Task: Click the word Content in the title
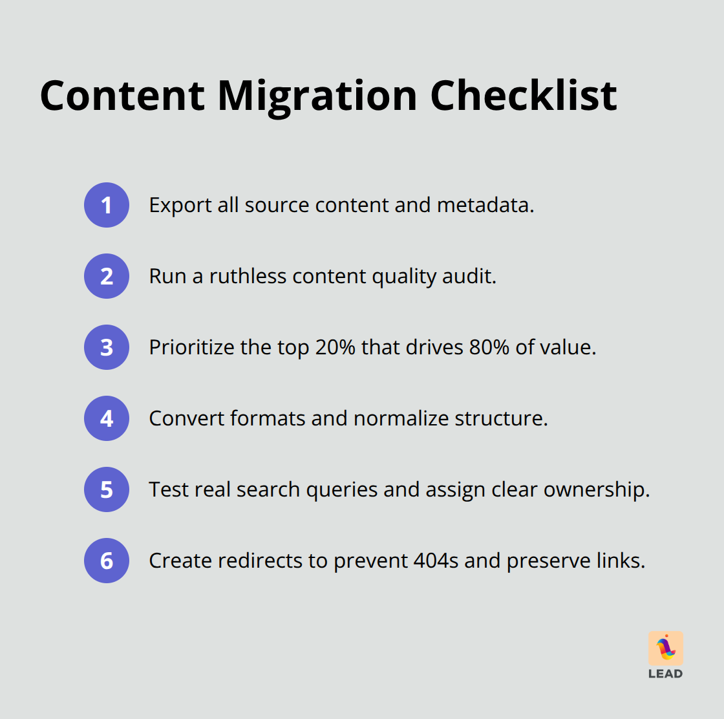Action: pos(123,96)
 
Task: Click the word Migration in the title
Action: pos(318,96)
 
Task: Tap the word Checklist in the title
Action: pos(523,96)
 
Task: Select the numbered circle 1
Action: pos(107,205)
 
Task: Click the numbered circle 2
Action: pos(107,276)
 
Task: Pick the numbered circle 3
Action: pos(107,347)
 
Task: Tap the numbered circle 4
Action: pos(107,418)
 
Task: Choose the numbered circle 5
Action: pos(107,489)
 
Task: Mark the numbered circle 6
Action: pos(107,561)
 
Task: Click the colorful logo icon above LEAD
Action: pos(665,648)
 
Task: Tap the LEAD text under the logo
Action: pos(665,674)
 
